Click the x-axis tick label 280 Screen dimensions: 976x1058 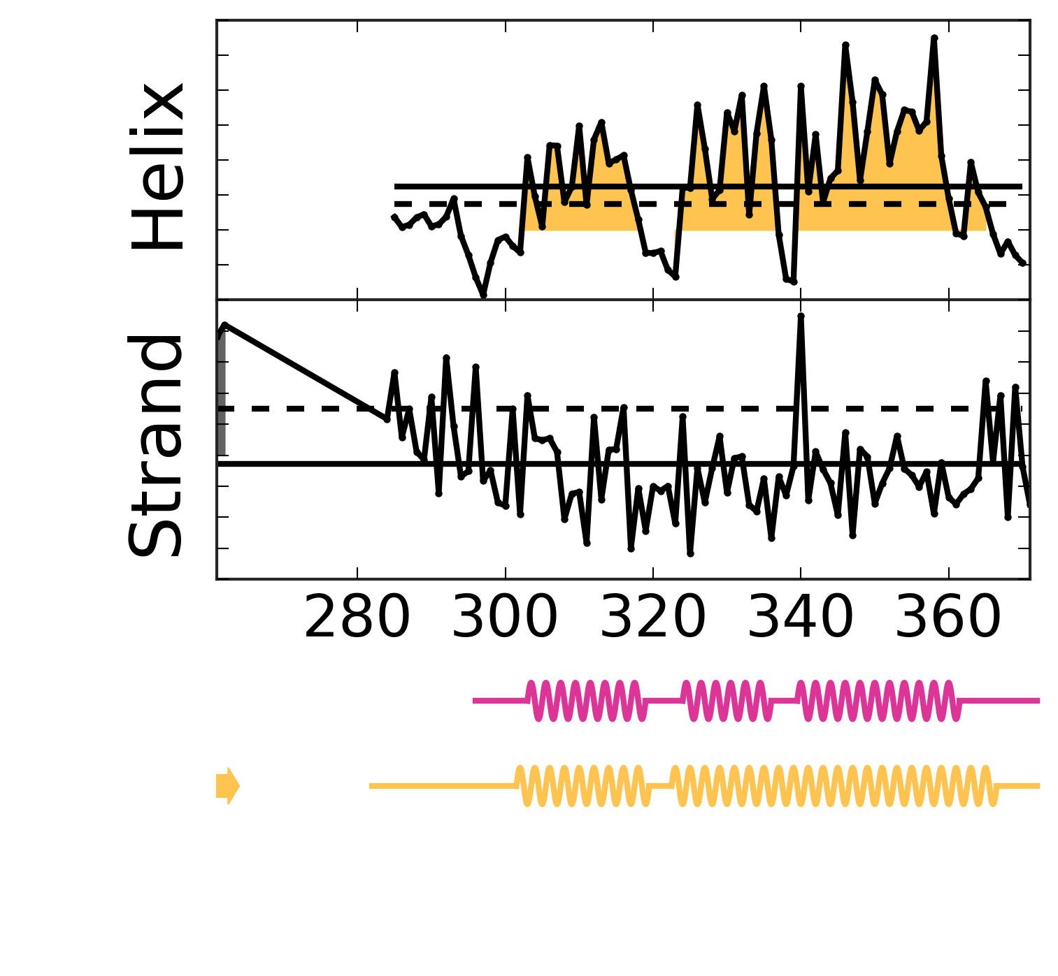[357, 620]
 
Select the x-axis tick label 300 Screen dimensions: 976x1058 [505, 620]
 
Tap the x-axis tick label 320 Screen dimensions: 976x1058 [652, 620]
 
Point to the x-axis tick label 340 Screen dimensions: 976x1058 [801, 620]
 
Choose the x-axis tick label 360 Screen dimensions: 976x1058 [948, 620]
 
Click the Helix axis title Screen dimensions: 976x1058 [159, 168]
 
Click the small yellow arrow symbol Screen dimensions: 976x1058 [228, 786]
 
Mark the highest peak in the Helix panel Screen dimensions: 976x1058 [934, 38]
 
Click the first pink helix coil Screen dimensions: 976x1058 [587, 700]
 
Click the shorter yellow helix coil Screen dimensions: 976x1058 [583, 786]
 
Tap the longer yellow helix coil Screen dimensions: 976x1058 [832, 786]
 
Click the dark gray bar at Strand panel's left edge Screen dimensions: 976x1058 [221, 398]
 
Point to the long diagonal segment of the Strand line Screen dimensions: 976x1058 [304, 372]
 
